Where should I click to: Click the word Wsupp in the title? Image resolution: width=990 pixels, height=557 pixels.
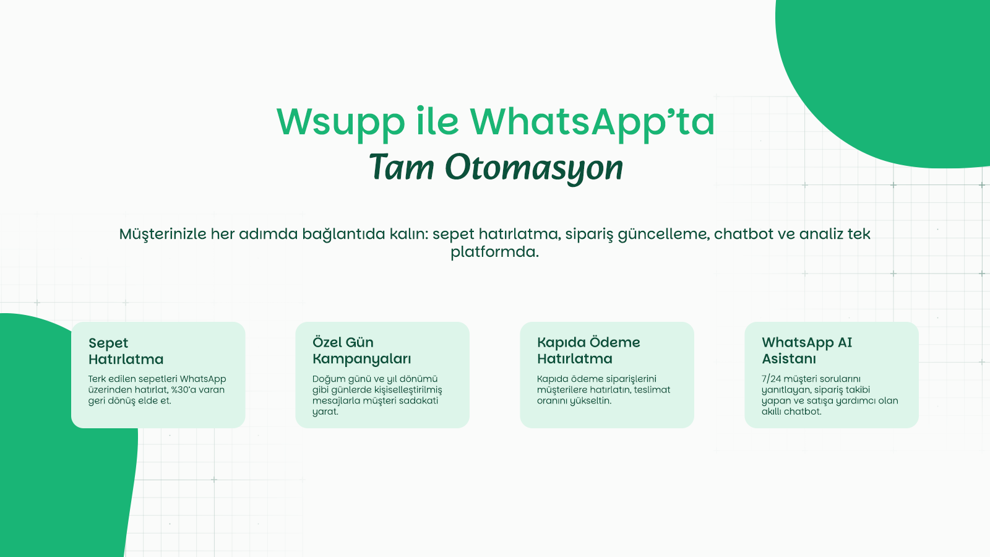tap(341, 123)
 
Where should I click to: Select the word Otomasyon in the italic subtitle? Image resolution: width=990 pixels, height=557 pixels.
tap(534, 168)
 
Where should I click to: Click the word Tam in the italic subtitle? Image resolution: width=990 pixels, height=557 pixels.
tap(402, 167)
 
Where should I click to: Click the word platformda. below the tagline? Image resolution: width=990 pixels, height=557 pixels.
tap(494, 252)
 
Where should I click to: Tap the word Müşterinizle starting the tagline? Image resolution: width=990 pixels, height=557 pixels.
tap(163, 235)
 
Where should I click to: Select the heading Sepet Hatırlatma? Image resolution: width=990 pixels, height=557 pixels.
tap(126, 351)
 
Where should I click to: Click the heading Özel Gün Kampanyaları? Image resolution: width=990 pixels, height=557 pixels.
tap(361, 350)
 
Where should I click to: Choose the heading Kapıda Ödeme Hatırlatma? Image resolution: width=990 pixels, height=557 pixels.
tap(588, 350)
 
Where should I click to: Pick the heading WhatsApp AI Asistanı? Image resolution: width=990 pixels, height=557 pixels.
tap(807, 350)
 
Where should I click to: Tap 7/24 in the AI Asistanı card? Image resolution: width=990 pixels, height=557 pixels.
tap(771, 379)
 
